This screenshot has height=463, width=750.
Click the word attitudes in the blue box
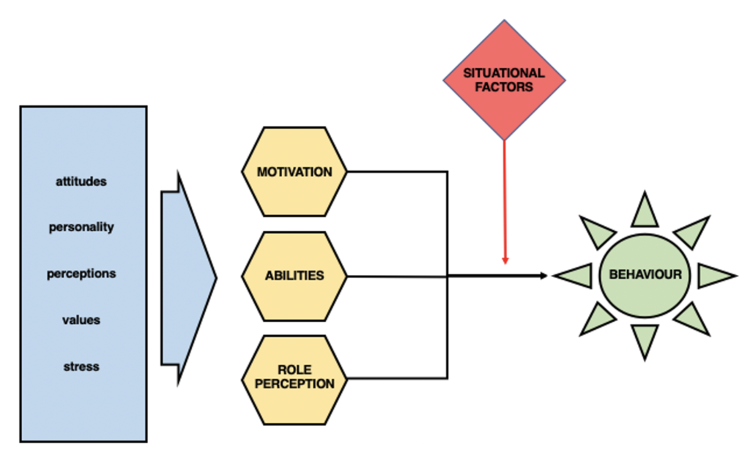[81, 181]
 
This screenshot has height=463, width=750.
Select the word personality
[81, 227]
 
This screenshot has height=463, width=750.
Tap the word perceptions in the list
[81, 274]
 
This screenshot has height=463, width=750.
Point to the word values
[81, 320]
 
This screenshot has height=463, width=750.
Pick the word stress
[81, 366]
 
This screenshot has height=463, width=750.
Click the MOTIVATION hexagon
[294, 173]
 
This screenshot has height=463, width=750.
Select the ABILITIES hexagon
[294, 276]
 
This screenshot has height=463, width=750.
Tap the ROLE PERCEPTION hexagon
[294, 377]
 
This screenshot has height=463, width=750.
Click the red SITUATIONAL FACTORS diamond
[504, 79]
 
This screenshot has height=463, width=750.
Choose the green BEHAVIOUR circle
[645, 276]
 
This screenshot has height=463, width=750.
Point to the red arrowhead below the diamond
[504, 260]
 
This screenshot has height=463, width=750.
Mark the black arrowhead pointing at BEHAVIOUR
[543, 276]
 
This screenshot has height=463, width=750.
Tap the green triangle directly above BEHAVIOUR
[645, 212]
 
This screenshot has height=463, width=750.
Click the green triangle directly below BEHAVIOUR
[645, 339]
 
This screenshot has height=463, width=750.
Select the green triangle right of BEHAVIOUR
[713, 276]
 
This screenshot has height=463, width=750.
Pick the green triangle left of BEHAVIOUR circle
[573, 276]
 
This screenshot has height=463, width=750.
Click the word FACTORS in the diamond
[504, 86]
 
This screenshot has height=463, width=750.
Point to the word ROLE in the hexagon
[294, 370]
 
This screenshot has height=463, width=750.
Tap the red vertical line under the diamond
[504, 197]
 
